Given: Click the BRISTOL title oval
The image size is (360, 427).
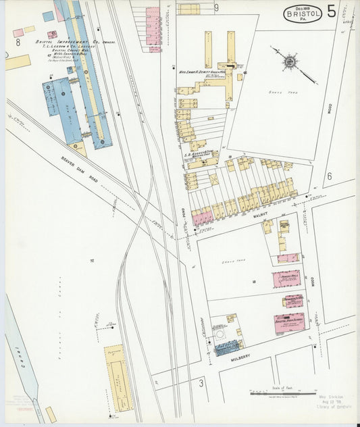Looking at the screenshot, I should [302, 14].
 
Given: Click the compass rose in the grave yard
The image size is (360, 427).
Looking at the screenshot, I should [289, 62].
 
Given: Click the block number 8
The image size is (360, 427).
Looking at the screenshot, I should [18, 42].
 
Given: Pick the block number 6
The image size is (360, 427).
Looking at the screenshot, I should [329, 176].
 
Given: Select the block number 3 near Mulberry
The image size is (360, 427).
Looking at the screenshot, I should [201, 383].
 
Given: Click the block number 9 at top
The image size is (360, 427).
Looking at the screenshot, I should [216, 8].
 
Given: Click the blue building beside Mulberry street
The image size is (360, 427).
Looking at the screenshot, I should [227, 347].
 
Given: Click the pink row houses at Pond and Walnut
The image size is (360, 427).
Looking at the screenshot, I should [202, 218].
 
